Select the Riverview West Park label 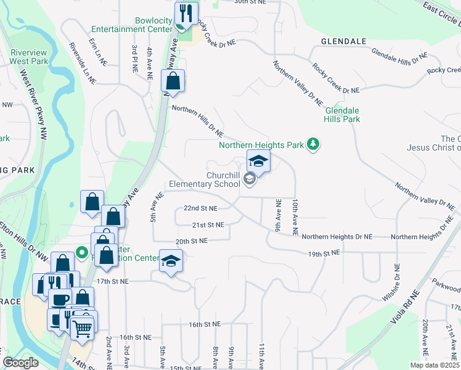(x=29, y=57)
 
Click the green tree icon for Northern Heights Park (x=314, y=144)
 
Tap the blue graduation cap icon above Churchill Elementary (x=259, y=162)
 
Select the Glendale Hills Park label (x=342, y=115)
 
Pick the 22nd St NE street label (x=197, y=208)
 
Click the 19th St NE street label (x=324, y=253)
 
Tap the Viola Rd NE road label (x=408, y=309)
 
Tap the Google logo (x=20, y=363)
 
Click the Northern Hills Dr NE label (x=197, y=120)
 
